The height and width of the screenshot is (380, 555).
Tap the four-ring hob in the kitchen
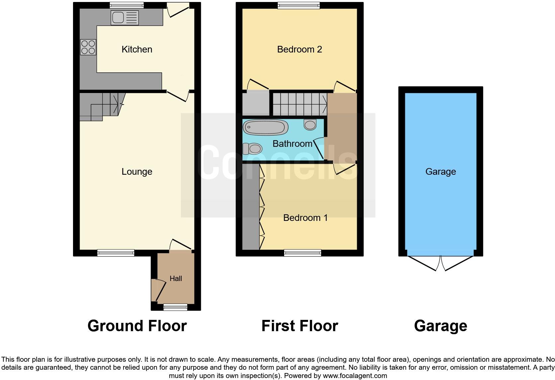tap(88, 47)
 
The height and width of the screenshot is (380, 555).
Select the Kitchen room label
tap(137, 49)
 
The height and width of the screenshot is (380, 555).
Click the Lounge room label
tap(137, 172)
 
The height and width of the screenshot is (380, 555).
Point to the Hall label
tap(176, 279)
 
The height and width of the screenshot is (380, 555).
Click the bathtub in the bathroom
tap(266, 127)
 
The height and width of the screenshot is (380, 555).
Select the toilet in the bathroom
tap(252, 148)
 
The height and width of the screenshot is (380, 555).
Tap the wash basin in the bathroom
tap(310, 125)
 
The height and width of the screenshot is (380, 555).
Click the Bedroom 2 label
tap(299, 49)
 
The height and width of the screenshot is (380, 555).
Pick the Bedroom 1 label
tap(305, 218)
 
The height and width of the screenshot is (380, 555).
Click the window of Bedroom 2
tap(298, 5)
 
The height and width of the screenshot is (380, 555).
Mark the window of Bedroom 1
tap(302, 253)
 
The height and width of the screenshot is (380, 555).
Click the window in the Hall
tap(175, 307)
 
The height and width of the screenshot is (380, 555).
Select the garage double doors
tap(440, 262)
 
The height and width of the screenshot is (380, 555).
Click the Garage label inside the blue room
tap(440, 172)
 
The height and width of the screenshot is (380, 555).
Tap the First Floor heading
tap(299, 326)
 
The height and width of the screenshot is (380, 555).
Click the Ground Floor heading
tap(137, 326)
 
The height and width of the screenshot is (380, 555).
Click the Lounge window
tap(116, 253)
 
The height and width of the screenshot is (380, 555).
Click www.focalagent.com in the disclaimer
tap(355, 376)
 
